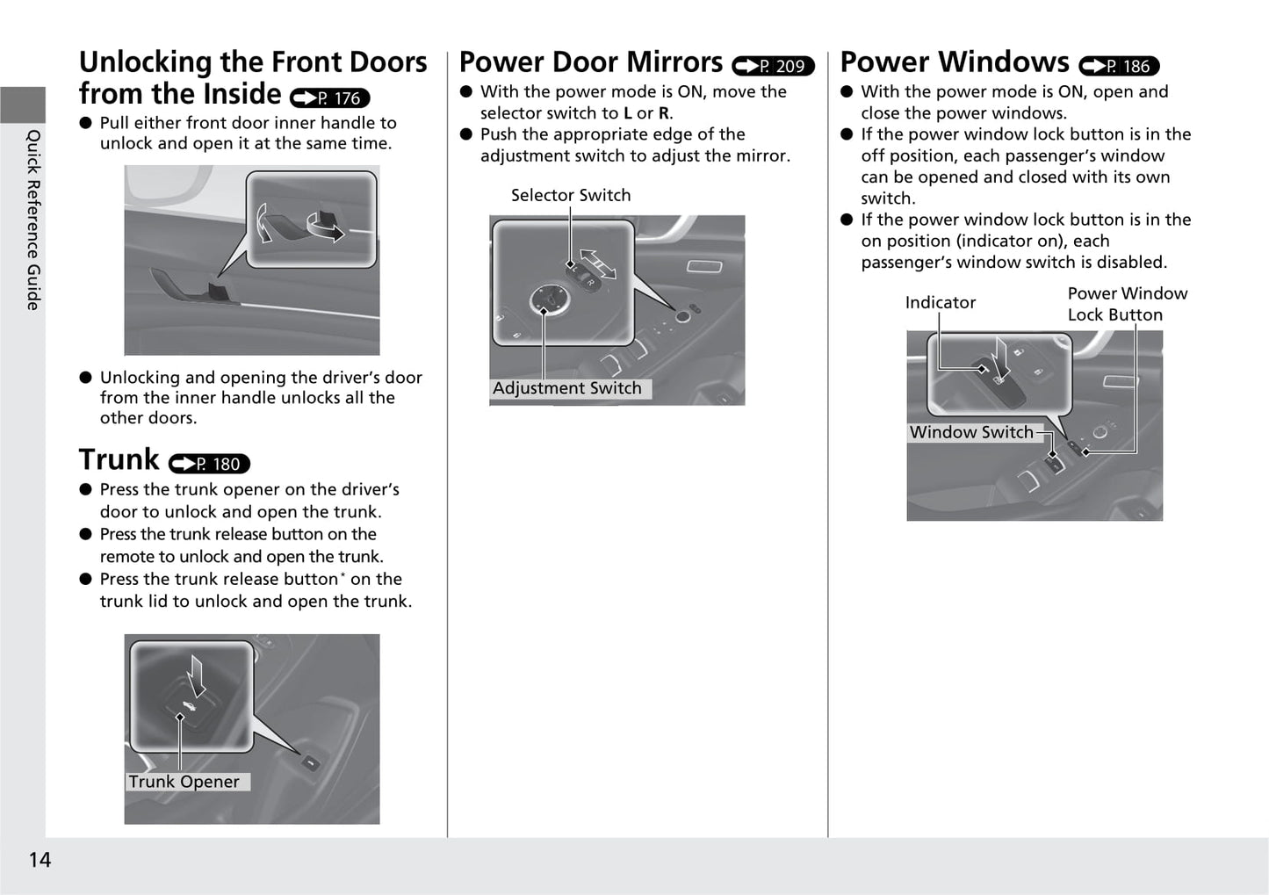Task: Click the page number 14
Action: (40, 860)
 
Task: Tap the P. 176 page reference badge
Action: (329, 98)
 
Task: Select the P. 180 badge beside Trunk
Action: (209, 464)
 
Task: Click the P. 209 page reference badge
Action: (773, 66)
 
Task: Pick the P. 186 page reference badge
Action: (1119, 66)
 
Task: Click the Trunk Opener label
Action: (184, 782)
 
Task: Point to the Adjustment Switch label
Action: (567, 388)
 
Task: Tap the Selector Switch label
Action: (571, 195)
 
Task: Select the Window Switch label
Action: (971, 432)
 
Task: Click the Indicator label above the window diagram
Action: (940, 303)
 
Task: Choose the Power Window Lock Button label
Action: (1127, 304)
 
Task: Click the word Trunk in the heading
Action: (119, 459)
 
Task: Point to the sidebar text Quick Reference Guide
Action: (33, 220)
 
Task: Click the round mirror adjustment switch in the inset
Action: (550, 301)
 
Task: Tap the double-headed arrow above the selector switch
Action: (598, 263)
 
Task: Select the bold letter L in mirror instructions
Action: (627, 113)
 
